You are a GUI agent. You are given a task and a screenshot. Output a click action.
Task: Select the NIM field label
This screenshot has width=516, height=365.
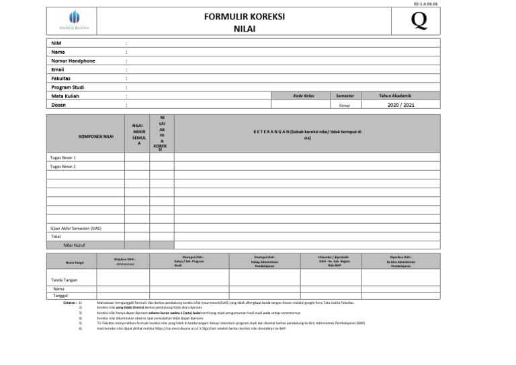tap(56, 42)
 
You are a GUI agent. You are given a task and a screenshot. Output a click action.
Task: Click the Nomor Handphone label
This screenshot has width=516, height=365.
tap(73, 60)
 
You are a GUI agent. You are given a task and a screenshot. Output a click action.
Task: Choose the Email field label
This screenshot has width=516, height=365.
tap(58, 69)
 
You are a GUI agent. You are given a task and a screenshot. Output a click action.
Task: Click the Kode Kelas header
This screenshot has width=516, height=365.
tap(304, 95)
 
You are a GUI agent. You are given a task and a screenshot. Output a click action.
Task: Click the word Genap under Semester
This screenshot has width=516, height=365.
tap(344, 105)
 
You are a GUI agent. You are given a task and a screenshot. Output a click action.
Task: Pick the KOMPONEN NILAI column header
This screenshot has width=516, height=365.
tap(96, 136)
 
